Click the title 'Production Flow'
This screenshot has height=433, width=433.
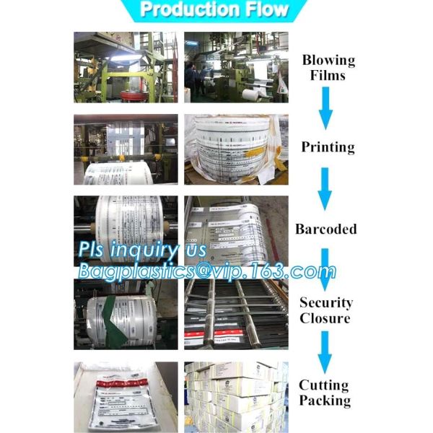pyautogui.click(x=214, y=10)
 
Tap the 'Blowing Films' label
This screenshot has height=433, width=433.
pyautogui.click(x=328, y=67)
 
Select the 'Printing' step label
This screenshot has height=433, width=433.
pyautogui.click(x=328, y=147)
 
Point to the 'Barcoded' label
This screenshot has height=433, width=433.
pyautogui.click(x=326, y=229)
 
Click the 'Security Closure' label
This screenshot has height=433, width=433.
pyautogui.click(x=325, y=310)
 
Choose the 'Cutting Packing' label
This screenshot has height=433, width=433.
pyautogui.click(x=325, y=393)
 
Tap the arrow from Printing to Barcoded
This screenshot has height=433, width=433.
pyautogui.click(x=326, y=188)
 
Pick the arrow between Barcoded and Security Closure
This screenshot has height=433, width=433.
pyautogui.click(x=326, y=268)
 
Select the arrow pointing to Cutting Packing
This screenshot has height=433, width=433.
pyautogui.click(x=325, y=351)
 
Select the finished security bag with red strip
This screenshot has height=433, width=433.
pyautogui.click(x=125, y=397)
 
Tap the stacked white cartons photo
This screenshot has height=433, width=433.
pyautogui.click(x=236, y=397)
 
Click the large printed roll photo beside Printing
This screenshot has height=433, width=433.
pyautogui.click(x=236, y=149)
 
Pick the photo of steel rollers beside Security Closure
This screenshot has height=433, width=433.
pyautogui.click(x=236, y=314)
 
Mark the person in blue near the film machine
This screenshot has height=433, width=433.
pyautogui.click(x=190, y=76)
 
